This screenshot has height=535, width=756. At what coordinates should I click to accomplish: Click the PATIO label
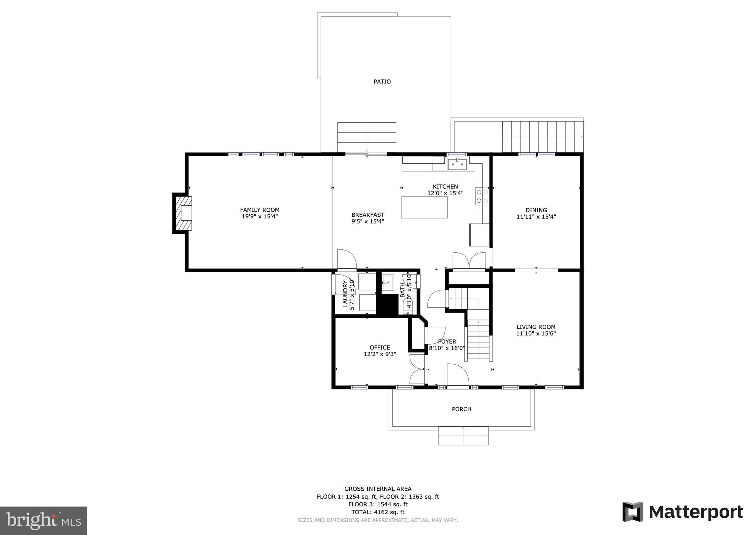(382, 82)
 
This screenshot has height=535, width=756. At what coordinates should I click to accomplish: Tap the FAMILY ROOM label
(260, 210)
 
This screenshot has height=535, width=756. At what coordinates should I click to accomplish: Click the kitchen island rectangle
(424, 207)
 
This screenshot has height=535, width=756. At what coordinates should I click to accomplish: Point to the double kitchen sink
(457, 164)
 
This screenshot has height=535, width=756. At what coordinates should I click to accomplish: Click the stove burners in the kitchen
(482, 196)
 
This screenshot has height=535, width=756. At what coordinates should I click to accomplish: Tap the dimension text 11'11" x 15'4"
(536, 217)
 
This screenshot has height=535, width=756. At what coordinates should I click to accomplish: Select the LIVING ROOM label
(536, 327)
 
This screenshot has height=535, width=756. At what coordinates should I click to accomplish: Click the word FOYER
(447, 341)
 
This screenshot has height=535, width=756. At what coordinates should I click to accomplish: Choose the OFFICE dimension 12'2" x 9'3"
(380, 354)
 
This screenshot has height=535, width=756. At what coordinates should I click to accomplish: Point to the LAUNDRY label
(346, 294)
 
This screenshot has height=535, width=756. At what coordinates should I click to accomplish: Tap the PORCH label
(461, 409)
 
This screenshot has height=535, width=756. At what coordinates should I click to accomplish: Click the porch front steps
(463, 436)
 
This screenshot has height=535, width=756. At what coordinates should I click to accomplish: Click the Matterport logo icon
(633, 512)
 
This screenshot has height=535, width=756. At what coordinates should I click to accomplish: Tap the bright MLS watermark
(43, 521)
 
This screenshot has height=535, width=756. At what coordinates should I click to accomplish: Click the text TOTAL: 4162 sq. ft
(378, 512)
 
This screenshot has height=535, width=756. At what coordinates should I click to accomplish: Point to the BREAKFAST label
(368, 215)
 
